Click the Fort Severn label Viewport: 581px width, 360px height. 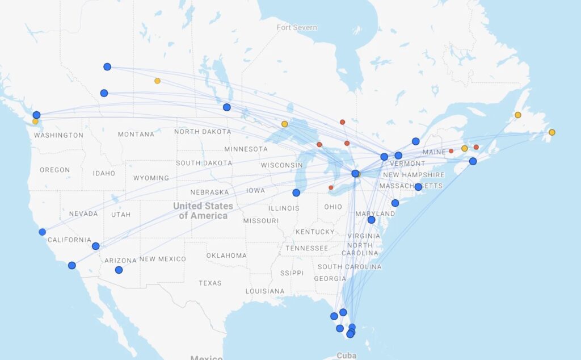(297, 27)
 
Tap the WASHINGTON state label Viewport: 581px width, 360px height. (58, 135)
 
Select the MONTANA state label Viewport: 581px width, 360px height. (136, 135)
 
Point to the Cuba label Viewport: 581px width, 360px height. (347, 355)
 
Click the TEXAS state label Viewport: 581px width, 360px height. (210, 283)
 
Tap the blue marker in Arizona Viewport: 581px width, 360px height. (119, 270)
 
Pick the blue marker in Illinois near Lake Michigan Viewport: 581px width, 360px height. (296, 192)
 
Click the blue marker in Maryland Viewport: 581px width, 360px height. (371, 220)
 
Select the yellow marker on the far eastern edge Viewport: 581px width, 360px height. (551, 132)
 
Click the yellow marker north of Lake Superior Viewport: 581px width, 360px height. (284, 124)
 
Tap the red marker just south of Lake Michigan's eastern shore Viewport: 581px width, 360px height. (331, 187)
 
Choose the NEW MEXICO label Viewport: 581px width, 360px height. (162, 259)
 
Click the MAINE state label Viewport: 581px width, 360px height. (435, 152)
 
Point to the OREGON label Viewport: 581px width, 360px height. (55, 170)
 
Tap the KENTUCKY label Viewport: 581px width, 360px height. (315, 232)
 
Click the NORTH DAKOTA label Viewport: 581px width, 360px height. (203, 132)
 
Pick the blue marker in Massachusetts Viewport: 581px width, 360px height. (418, 187)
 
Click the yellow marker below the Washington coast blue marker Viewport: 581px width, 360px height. (35, 122)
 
